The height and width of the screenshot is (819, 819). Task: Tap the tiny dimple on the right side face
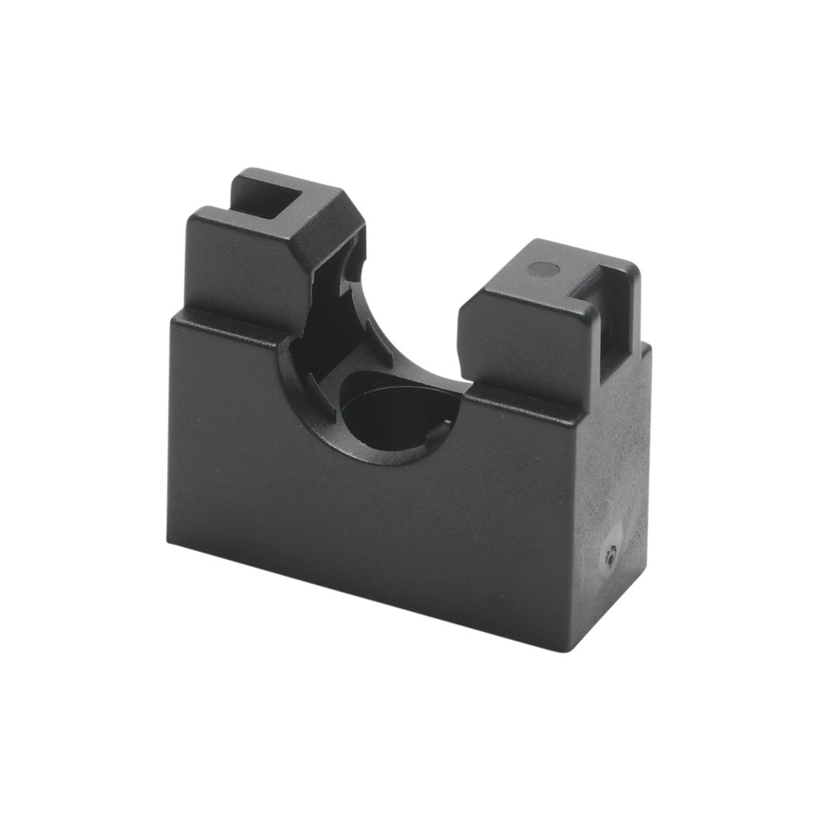[611, 553]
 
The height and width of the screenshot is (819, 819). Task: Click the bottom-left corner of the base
[169, 541]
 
